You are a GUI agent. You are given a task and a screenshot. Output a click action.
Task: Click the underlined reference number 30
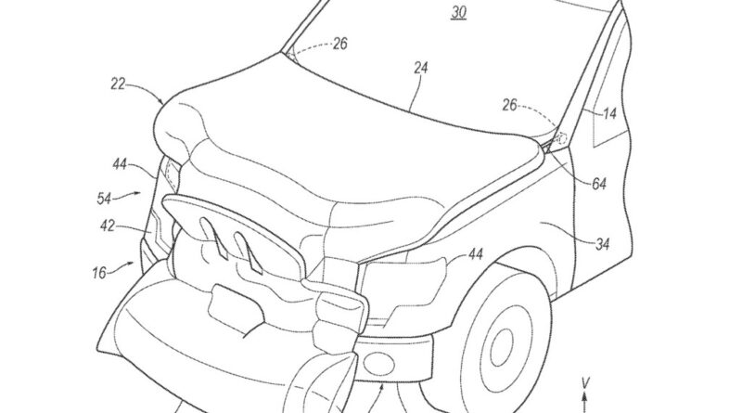tap(458, 12)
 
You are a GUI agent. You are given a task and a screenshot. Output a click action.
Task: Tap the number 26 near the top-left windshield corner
tap(339, 44)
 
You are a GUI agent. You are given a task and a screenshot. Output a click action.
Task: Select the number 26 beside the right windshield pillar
tap(509, 105)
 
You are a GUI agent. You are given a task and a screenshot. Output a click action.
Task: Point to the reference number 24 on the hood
tap(420, 68)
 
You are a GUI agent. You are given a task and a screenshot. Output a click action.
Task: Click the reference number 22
tap(118, 84)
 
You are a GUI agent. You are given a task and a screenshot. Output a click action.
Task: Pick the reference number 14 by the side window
tap(609, 113)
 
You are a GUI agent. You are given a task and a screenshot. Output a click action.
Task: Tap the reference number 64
tap(598, 184)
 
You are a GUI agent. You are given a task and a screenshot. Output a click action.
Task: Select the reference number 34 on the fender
tap(602, 244)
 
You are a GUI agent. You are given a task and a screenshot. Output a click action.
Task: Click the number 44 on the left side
tap(120, 164)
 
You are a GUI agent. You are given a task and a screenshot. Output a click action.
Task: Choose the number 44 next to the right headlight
tap(475, 254)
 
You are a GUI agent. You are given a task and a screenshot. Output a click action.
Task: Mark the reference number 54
tap(104, 198)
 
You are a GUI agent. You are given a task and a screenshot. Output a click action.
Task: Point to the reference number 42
tap(108, 226)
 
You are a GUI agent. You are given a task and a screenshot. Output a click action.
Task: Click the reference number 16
tap(99, 273)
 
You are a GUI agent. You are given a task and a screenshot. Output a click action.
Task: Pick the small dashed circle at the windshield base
tap(562, 139)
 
